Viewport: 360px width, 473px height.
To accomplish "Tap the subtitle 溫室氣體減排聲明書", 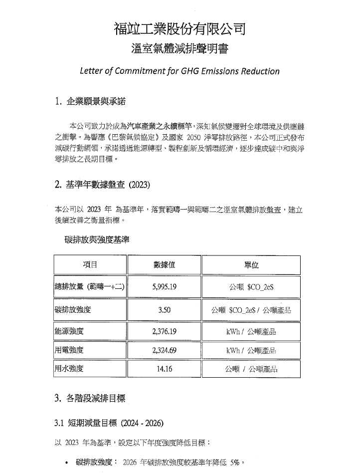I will click(x=180, y=49).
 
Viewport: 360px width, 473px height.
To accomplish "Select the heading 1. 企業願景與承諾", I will click(x=90, y=103).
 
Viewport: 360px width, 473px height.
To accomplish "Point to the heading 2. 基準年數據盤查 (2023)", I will click(x=102, y=185).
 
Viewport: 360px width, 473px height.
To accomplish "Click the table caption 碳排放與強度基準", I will click(x=97, y=240).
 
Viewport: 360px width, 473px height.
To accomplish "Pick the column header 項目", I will click(x=90, y=264).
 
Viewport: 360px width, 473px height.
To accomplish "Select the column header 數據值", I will click(x=164, y=264).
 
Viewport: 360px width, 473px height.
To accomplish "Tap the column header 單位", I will click(x=251, y=264).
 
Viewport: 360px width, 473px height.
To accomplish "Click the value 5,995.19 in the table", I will click(x=164, y=287).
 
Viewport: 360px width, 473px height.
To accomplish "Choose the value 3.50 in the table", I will click(x=164, y=310).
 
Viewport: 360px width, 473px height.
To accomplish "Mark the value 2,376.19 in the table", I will click(x=164, y=331).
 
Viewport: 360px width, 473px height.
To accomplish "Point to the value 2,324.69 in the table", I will click(x=164, y=350).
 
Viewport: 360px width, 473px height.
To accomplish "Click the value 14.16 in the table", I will click(x=164, y=369).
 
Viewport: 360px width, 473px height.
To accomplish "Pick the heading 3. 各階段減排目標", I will click(x=90, y=398).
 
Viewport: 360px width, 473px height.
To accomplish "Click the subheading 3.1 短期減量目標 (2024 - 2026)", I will click(x=108, y=423).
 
